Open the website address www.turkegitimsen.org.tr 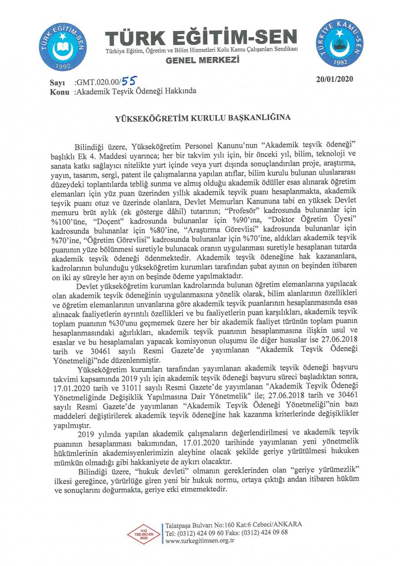pyautogui.click(x=200, y=541)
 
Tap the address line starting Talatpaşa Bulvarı pyautogui.click(x=234, y=524)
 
